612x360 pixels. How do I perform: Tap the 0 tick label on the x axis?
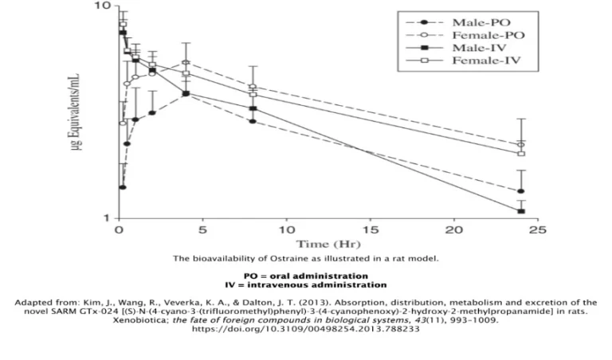pyautogui.click(x=119, y=230)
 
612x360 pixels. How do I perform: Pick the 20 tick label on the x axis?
pyautogui.click(x=453, y=230)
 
